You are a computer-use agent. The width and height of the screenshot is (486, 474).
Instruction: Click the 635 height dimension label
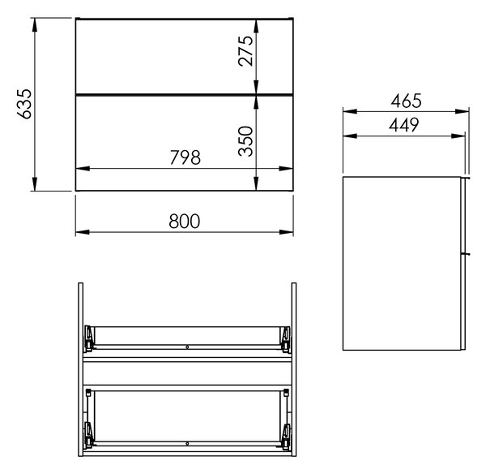(24, 104)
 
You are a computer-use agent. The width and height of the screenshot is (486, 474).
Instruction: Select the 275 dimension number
(245, 51)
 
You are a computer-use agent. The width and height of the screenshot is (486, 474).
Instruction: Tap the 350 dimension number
(245, 140)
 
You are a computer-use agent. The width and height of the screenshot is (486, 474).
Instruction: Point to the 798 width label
(185, 157)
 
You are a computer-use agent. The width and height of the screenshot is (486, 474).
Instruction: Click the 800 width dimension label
(185, 221)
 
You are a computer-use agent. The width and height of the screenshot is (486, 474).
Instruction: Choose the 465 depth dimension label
(406, 101)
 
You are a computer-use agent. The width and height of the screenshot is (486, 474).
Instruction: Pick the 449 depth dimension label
(404, 125)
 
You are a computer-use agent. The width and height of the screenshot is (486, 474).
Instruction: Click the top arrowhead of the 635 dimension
(34, 25)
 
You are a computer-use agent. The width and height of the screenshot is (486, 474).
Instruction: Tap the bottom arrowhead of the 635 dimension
(34, 184)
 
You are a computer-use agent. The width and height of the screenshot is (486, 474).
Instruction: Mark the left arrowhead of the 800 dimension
(83, 232)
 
